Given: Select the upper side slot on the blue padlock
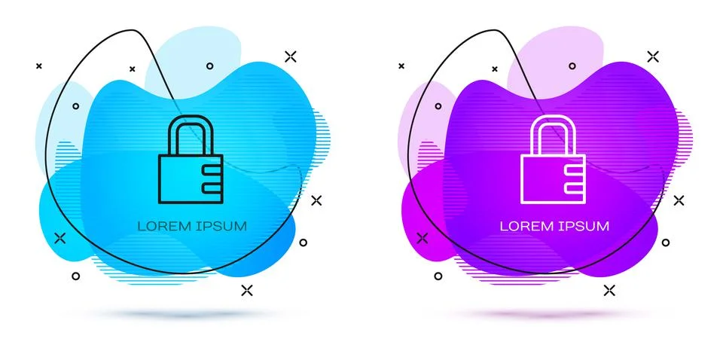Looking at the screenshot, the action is (x=213, y=170).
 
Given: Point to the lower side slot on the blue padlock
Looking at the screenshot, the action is (x=213, y=187).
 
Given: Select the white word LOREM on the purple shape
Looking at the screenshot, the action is (x=527, y=226).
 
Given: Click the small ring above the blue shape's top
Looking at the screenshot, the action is (x=210, y=66).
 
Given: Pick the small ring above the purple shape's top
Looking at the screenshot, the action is (x=572, y=66).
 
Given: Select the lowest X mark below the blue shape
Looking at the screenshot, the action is (x=247, y=290).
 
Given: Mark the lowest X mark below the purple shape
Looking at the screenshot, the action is (x=609, y=290).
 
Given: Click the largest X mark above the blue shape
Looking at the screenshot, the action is (x=291, y=56).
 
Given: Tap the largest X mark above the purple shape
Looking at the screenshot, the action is (x=653, y=56).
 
